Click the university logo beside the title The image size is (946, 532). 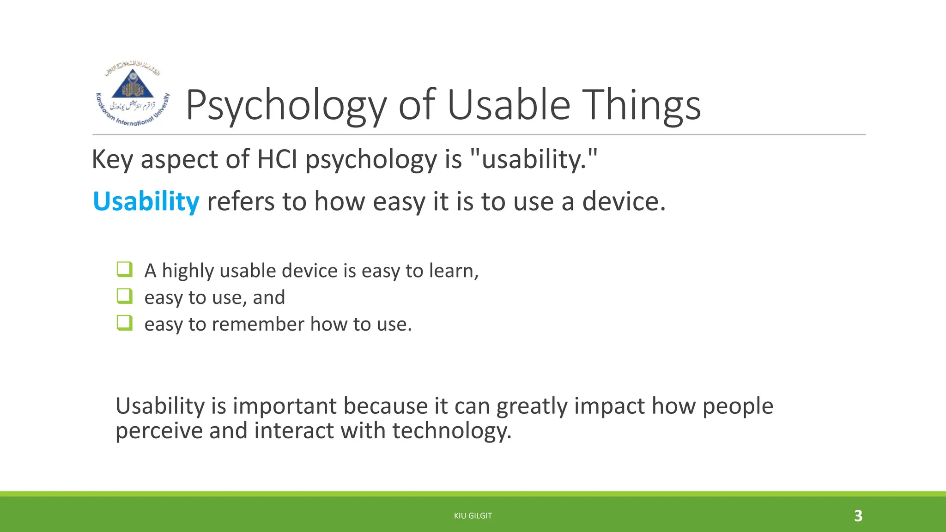point(133,94)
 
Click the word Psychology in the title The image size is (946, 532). point(285,106)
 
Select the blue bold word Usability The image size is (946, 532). point(146,202)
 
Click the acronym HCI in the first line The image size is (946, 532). point(277,159)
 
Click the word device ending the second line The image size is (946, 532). point(623,202)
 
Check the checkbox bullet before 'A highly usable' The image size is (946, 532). point(125,269)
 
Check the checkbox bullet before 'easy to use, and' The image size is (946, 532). point(125,296)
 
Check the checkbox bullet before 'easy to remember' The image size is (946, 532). point(125,323)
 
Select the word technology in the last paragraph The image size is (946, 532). point(451,431)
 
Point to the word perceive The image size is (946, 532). point(158,431)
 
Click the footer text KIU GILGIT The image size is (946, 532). point(473,516)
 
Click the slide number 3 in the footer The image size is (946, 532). point(858,516)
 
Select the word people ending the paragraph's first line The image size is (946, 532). point(738,407)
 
